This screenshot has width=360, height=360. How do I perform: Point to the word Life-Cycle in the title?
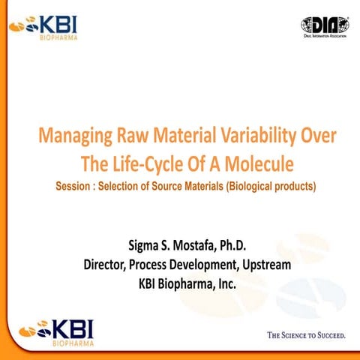(x=146, y=162)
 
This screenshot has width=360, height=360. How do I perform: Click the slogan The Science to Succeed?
(x=307, y=334)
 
